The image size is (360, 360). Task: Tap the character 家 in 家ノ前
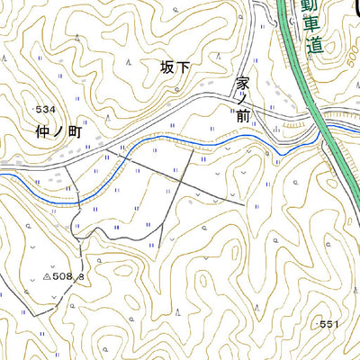[x=242, y=82]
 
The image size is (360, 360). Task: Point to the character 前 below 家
[x=242, y=116]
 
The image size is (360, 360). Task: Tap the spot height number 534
[x=46, y=109]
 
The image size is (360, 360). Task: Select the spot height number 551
[x=333, y=322]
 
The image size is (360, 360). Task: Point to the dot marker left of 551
[x=318, y=322]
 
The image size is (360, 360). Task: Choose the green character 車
[x=314, y=24]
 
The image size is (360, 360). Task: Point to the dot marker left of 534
[x=32, y=109]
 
